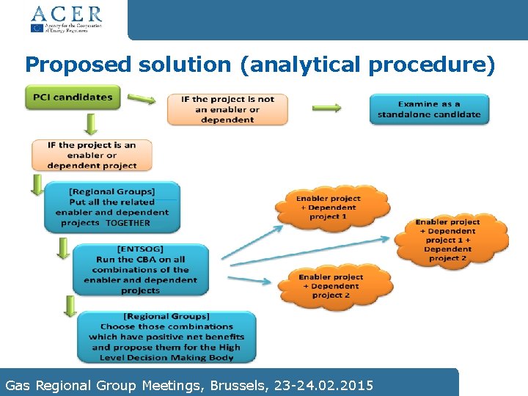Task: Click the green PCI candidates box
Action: coord(73,98)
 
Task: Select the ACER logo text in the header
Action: coord(66,13)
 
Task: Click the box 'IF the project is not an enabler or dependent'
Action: coord(227,109)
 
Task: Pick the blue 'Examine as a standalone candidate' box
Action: coord(429,109)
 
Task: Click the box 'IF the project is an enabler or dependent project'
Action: coord(92,155)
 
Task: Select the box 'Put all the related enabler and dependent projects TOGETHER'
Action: coord(112,208)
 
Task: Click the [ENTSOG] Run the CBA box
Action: coord(140,270)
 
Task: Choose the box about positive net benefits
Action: coord(166,337)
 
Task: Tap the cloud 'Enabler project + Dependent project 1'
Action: coord(328,208)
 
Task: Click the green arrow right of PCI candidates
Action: coord(142,98)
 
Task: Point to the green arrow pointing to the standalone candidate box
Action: coord(327,108)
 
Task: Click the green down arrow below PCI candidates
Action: coord(91,124)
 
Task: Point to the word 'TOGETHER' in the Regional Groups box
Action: coord(128,223)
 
